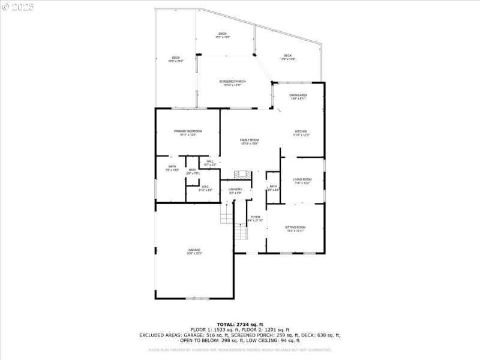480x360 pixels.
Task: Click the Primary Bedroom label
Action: (188, 133)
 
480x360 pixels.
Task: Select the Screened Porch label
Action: (232, 83)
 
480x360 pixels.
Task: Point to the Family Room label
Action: (250, 142)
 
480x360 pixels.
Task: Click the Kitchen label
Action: (301, 133)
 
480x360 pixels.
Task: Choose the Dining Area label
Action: (299, 97)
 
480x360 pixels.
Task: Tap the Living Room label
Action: (302, 181)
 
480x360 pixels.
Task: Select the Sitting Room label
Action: (295, 229)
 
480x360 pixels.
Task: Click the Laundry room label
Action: (235, 191)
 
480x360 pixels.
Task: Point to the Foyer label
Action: (256, 218)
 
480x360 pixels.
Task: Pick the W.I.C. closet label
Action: (205, 188)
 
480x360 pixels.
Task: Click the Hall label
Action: (210, 163)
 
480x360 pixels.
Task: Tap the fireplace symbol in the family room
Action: (242, 175)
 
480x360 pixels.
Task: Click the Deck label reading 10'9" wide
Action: (176, 59)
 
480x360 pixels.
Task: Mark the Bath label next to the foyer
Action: (274, 188)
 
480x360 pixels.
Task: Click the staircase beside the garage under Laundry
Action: (226, 212)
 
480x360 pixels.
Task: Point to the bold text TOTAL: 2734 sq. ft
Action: (240, 324)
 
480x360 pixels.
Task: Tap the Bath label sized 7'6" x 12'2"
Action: (172, 168)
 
